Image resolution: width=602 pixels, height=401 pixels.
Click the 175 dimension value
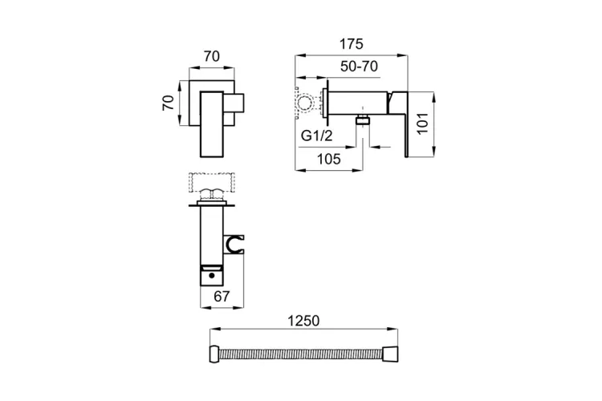point(352,44)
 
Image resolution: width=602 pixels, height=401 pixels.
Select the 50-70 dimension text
point(359,67)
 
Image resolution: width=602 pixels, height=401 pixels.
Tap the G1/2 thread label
point(317,136)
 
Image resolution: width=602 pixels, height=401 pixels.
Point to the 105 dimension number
point(329,159)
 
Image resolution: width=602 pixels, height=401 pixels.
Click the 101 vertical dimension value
point(422,124)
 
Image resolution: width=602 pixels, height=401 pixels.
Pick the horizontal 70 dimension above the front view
point(212,56)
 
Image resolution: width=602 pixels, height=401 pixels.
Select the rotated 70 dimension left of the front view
point(169,103)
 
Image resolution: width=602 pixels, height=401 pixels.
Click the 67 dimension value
point(222,296)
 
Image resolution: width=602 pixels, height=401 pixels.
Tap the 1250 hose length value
point(303,321)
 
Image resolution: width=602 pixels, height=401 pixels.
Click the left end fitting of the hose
point(215,354)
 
